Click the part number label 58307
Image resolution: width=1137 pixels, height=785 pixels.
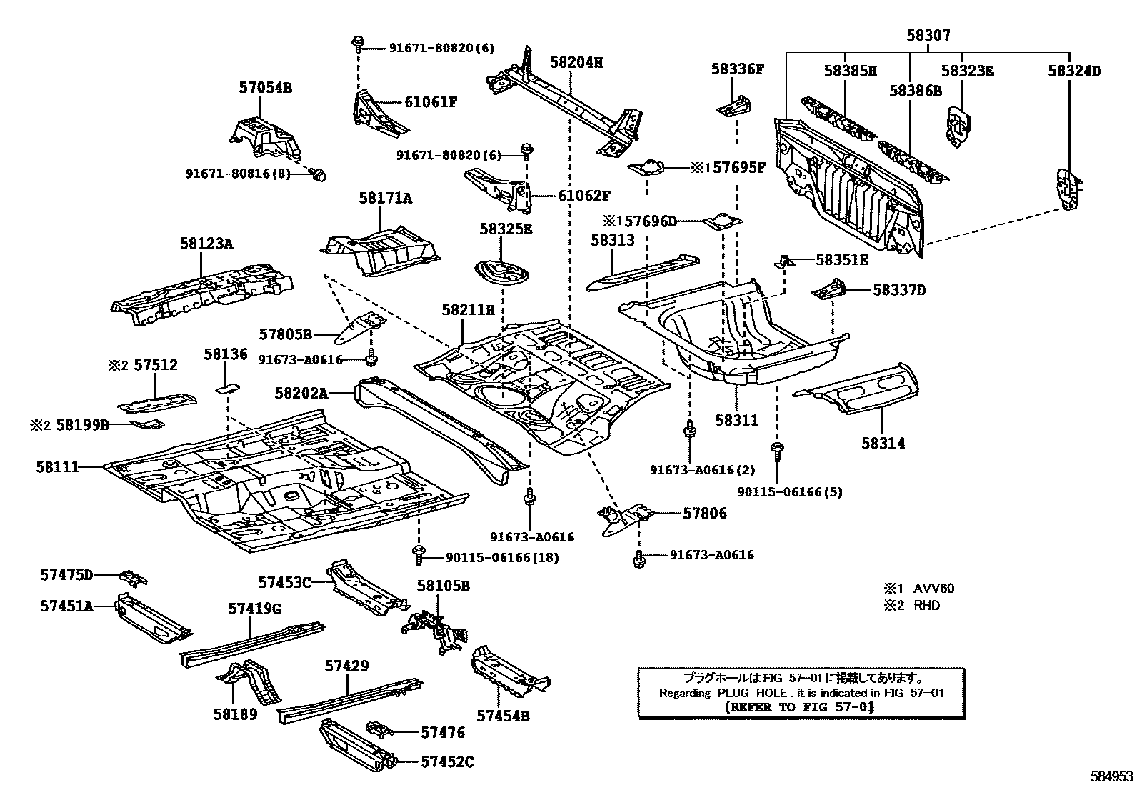[x=928, y=36]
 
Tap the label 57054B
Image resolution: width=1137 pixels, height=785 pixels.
[x=265, y=88]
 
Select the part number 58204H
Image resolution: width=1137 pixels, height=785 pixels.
[x=576, y=63]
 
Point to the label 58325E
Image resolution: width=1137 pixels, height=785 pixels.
[x=506, y=229]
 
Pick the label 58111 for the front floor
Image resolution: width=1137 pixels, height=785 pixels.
[x=58, y=467]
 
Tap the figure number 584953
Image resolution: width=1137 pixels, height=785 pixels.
[x=1111, y=776]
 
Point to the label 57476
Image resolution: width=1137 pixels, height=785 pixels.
[x=442, y=732]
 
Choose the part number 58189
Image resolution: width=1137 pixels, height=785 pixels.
[x=234, y=714]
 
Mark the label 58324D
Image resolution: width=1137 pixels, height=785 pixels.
[x=1074, y=71]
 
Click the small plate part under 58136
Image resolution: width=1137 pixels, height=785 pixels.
[x=227, y=388]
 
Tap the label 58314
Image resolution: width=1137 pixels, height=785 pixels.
[x=883, y=443]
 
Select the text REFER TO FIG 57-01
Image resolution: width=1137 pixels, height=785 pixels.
[x=799, y=707]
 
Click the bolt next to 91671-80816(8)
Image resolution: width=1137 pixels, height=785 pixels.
[x=320, y=174]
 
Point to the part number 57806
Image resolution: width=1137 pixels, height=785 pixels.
[x=704, y=513]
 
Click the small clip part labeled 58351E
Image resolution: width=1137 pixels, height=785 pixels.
[x=784, y=261]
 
